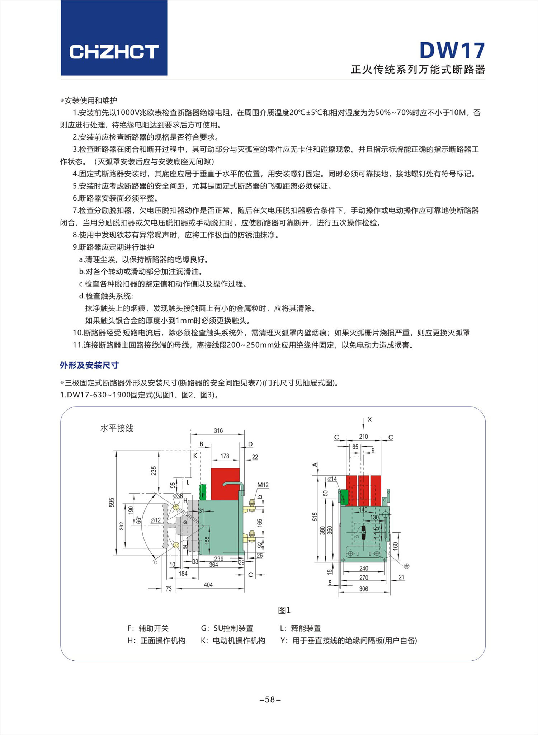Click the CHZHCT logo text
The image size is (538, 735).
[114, 52]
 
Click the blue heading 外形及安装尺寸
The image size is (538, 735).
[89, 365]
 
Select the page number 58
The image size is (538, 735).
[270, 699]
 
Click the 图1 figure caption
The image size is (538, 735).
[284, 610]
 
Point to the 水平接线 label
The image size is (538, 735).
[117, 428]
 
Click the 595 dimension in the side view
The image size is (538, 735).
[112, 502]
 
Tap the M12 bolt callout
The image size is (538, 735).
[263, 485]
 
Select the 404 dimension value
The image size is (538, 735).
[208, 585]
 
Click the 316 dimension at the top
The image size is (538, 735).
[218, 430]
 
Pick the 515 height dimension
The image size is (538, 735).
[315, 517]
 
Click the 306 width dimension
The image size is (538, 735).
[363, 589]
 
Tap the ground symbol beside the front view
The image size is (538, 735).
[406, 566]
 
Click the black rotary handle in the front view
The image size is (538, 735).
[363, 532]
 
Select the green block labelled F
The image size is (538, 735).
[203, 492]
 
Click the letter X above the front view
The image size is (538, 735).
[369, 419]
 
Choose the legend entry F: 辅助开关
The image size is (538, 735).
[148, 628]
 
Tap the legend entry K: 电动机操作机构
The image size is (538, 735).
[233, 640]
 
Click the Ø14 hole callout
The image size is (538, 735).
[332, 479]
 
